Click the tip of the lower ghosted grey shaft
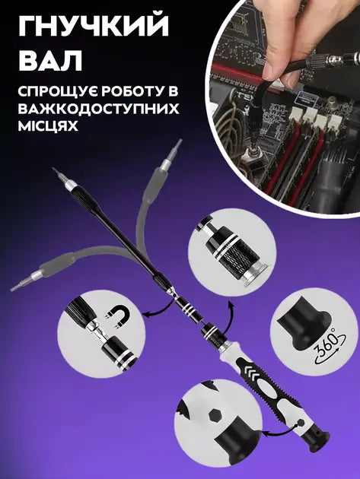15,288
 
